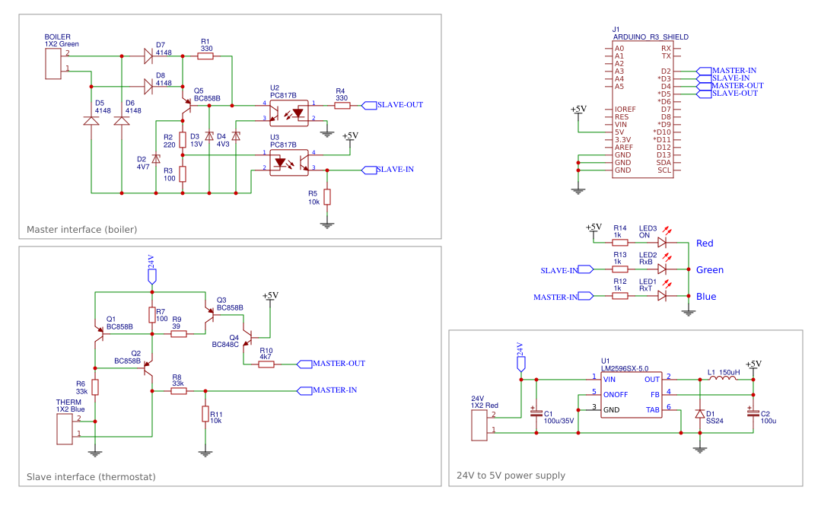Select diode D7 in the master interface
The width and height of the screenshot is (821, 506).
(148, 56)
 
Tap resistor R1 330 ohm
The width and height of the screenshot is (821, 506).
(205, 56)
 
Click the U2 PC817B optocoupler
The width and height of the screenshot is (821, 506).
(290, 112)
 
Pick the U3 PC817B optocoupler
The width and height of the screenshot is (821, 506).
(290, 162)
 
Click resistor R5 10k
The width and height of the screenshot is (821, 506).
(327, 197)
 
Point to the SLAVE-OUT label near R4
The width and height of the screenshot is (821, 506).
(399, 105)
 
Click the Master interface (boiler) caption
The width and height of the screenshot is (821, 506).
(81, 229)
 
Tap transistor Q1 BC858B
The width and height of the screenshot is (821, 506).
(100, 333)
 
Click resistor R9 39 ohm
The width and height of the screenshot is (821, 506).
(179, 333)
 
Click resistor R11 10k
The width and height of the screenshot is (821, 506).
(205, 413)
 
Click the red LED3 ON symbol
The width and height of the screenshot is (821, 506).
(662, 243)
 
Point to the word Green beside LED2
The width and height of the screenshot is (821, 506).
(709, 270)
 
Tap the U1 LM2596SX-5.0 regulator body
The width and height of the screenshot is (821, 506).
(631, 394)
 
